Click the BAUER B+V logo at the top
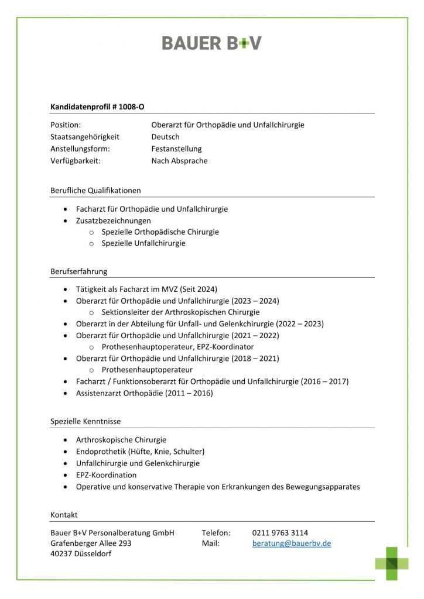[211, 43]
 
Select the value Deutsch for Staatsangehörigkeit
[165, 137]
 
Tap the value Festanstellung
[176, 149]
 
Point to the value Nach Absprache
[179, 161]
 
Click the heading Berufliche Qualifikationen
[95, 190]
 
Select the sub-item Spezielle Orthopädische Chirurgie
[160, 232]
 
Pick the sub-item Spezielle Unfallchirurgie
[143, 243]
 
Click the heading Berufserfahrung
[78, 271]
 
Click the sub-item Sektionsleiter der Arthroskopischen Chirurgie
[180, 312]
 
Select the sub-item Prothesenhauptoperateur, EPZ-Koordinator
[177, 347]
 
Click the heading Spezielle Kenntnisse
[86, 421]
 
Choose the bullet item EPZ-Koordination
[106, 475]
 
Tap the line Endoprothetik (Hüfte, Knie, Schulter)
[140, 452]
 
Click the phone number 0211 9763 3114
[280, 533]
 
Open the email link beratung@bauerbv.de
[292, 543]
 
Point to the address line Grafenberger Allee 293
[91, 543]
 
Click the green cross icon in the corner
[392, 563]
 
